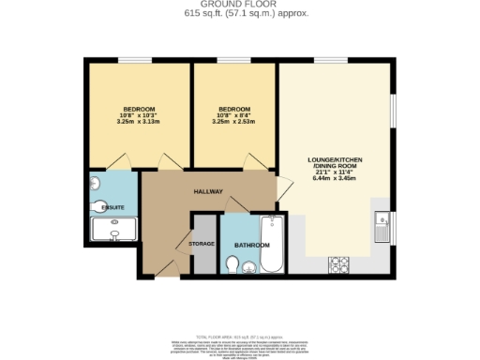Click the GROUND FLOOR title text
tap(240, 4)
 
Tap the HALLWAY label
tap(208, 191)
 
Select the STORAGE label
tap(202, 244)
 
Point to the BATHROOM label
tap(252, 245)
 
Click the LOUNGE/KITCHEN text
tap(335, 160)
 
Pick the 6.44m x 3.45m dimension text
tap(335, 178)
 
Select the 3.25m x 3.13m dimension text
tap(140, 122)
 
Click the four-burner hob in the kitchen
tap(338, 265)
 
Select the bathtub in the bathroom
tap(274, 243)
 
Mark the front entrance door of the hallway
tap(166, 268)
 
